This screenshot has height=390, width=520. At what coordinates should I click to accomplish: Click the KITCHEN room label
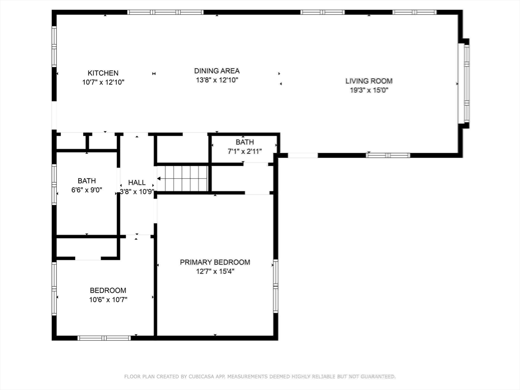coord(103,73)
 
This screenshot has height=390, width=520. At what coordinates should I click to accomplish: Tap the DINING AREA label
coord(217,71)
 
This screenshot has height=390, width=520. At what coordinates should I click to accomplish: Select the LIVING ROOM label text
coord(369,81)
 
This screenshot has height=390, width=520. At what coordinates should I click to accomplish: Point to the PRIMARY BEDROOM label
coord(215,262)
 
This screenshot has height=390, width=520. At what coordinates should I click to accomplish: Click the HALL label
coord(137,182)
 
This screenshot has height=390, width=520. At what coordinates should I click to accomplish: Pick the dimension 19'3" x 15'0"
coord(369,90)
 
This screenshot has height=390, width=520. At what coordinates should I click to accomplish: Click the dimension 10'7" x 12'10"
coord(103,82)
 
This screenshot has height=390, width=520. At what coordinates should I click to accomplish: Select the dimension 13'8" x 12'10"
coord(217,80)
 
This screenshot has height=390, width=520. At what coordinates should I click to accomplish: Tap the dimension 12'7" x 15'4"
coord(215,271)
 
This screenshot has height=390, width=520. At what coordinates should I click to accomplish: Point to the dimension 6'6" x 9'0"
coord(86,190)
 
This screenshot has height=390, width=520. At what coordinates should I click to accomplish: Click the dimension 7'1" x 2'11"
coord(244,151)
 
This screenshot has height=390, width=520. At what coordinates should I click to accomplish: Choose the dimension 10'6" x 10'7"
coord(108,300)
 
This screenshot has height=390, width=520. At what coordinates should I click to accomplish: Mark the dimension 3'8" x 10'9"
coord(137,191)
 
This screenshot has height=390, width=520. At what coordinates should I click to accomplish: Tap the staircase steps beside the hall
coord(185,178)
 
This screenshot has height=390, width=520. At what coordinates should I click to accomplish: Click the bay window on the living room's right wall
coord(464,83)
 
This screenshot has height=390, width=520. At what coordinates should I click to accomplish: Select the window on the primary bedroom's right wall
coord(276,286)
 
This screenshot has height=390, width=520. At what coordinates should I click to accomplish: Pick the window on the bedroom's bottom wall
coord(104,338)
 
